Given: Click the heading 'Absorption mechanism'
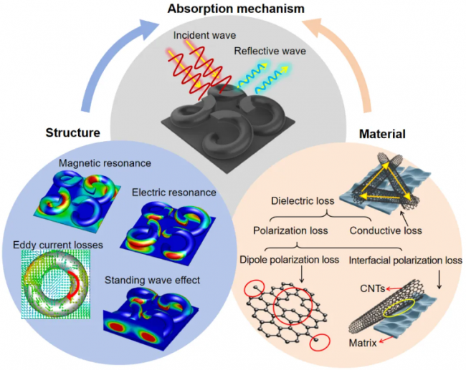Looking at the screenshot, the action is click(236, 9).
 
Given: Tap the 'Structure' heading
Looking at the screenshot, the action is click(73, 132).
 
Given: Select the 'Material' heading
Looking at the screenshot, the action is click(382, 134).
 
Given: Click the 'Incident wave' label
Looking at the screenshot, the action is click(204, 35).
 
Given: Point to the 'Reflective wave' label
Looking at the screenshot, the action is click(270, 51).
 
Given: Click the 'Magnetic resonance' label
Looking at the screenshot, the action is click(105, 163).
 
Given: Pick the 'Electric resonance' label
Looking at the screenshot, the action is click(174, 193).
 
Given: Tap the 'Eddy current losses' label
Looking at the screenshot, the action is click(58, 245).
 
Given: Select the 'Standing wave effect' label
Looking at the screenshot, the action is click(152, 280).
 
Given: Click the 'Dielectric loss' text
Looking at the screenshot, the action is click(303, 201).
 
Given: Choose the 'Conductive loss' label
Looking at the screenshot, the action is click(386, 230).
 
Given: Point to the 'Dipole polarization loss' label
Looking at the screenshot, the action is click(289, 260).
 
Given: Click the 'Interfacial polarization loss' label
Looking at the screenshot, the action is click(405, 261).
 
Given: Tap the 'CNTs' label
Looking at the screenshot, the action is click(373, 288).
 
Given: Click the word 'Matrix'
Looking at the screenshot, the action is click(363, 343).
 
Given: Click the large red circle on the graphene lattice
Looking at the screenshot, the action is click(274, 306).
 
